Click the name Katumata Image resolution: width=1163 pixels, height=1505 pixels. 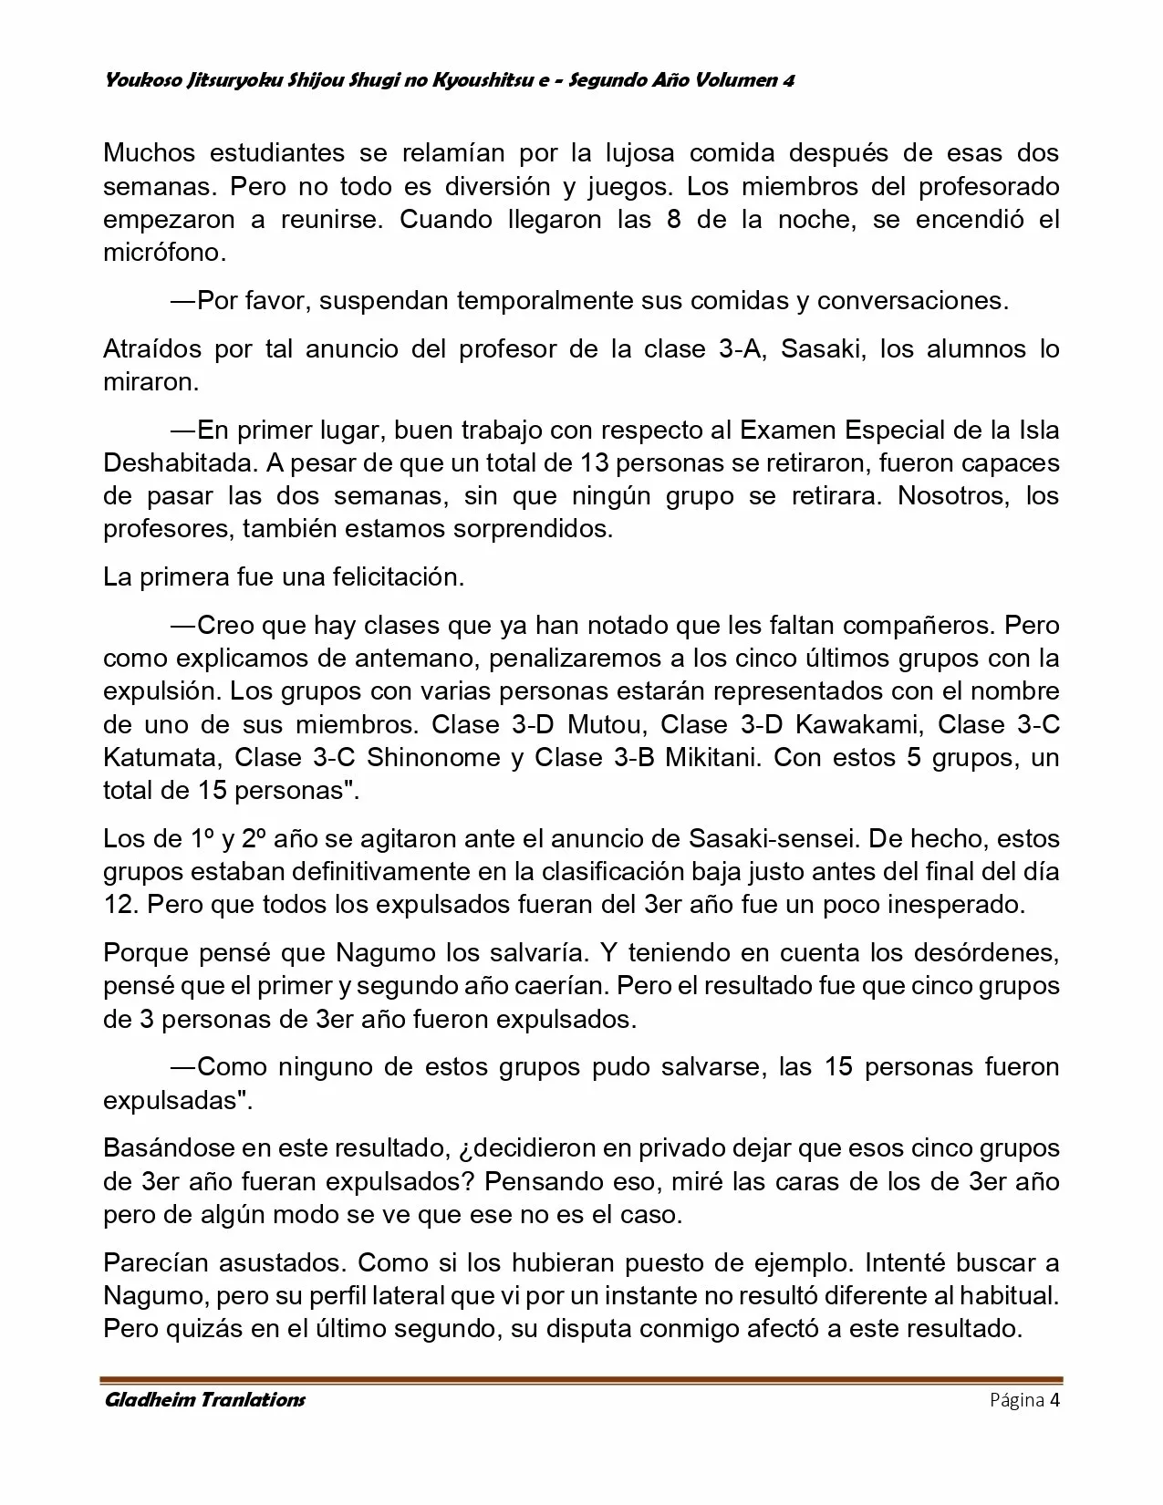[160, 758]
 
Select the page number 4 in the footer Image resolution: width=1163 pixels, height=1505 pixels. [1054, 1400]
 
